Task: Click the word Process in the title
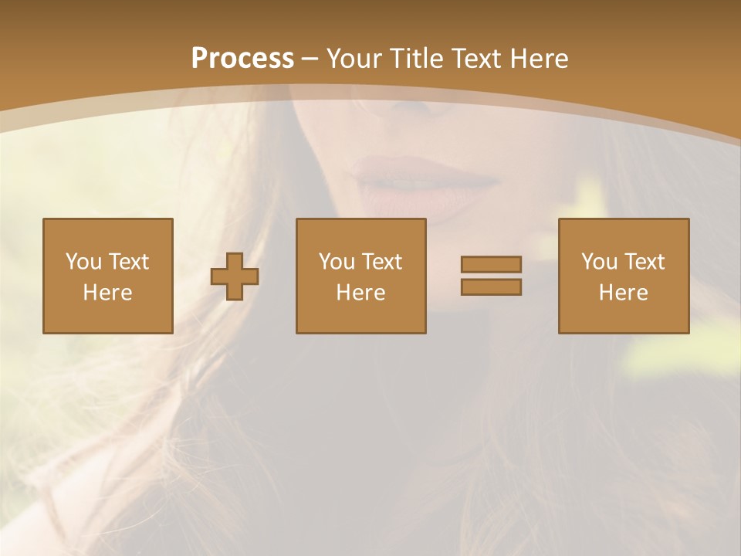(x=242, y=59)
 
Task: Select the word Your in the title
(x=352, y=59)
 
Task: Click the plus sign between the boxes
(x=235, y=276)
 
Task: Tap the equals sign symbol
(x=491, y=276)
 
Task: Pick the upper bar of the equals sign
(x=491, y=265)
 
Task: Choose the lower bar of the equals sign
(x=491, y=286)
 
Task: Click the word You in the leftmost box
(x=83, y=262)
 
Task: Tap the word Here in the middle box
(x=361, y=293)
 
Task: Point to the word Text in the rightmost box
(x=644, y=262)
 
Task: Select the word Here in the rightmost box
(x=624, y=293)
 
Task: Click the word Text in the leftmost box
(x=128, y=262)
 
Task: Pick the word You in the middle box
(x=337, y=262)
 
